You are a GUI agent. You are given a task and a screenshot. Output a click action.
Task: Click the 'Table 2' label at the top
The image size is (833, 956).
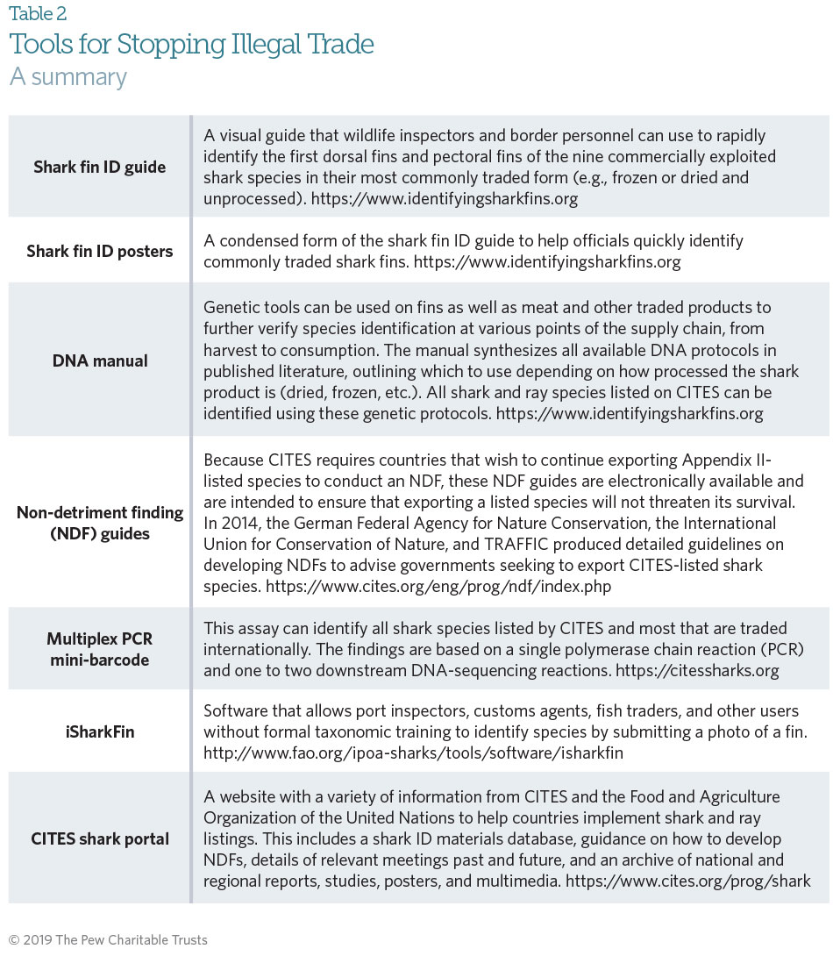38,14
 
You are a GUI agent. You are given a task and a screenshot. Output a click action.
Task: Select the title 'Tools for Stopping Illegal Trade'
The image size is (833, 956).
191,44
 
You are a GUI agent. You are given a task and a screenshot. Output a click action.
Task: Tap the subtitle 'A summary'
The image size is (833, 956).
68,77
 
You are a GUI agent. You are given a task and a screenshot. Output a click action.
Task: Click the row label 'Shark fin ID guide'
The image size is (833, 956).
98,167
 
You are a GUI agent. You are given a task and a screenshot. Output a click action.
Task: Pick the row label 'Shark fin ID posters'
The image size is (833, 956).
100,251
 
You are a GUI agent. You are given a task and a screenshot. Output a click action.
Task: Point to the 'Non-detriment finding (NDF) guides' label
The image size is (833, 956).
100,523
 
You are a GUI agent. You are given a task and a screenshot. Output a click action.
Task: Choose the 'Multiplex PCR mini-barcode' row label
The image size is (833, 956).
98,648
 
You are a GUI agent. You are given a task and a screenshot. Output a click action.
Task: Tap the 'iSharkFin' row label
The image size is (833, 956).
98,731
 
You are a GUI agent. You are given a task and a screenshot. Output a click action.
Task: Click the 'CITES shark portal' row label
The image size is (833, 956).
99,838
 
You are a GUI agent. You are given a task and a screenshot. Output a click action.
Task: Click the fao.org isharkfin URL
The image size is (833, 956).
413,753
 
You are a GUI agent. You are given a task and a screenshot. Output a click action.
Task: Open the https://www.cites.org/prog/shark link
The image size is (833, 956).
688,880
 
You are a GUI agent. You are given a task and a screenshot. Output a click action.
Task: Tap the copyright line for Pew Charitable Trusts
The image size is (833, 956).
108,940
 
